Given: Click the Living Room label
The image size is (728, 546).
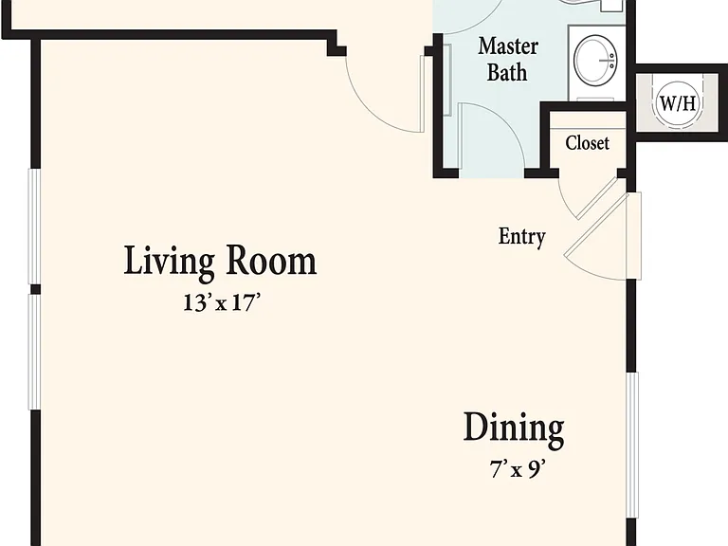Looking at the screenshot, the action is click(x=220, y=263).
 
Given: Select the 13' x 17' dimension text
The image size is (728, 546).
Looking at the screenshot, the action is click(x=220, y=302).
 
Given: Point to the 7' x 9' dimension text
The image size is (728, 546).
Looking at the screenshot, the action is click(x=518, y=469).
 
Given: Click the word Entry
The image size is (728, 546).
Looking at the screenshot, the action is click(x=522, y=237).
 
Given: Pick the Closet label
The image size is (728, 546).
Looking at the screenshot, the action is click(x=588, y=142).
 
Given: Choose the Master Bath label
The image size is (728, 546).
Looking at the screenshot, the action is click(x=507, y=60).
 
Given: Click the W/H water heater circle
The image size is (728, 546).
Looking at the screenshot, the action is click(x=678, y=102).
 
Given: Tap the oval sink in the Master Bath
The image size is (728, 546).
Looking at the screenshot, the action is click(x=596, y=60).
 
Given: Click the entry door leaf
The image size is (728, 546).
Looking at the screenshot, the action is click(x=596, y=226).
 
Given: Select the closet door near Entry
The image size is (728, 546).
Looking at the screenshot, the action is click(x=595, y=198).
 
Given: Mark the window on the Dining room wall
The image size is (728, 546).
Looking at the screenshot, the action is click(x=632, y=445).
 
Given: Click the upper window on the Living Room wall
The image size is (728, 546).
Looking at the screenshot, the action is click(x=34, y=227).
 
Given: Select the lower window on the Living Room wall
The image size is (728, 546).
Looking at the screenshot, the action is click(x=35, y=353).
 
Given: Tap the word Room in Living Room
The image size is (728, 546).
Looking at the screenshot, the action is click(x=271, y=261).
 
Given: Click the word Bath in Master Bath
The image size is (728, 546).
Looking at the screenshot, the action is click(x=507, y=73).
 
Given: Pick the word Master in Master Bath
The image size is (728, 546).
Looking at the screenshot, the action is click(x=508, y=46).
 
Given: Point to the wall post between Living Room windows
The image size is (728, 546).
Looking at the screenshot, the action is click(x=35, y=290).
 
